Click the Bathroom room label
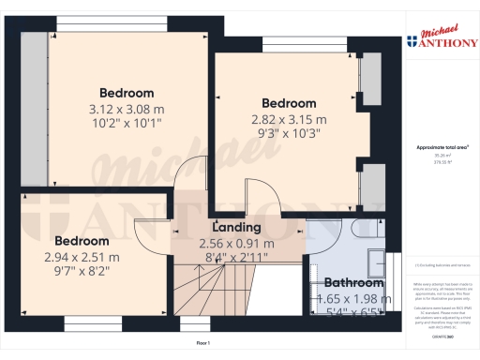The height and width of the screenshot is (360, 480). click(x=353, y=283)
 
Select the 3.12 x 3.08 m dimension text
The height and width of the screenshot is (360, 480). click(x=127, y=109)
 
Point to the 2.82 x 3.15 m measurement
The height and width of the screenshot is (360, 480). click(x=288, y=119)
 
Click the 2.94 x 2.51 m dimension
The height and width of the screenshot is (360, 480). click(x=82, y=257)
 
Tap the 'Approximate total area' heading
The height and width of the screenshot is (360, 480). click(x=442, y=148)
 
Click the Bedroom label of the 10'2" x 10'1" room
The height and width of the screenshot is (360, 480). click(x=127, y=93)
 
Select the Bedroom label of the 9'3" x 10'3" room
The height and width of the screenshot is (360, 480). click(x=288, y=103)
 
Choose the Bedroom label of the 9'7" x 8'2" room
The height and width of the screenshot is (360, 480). click(x=82, y=240)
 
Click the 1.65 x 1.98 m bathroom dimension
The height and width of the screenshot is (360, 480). click(x=353, y=298)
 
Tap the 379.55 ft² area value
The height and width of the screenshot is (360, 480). click(x=442, y=161)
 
